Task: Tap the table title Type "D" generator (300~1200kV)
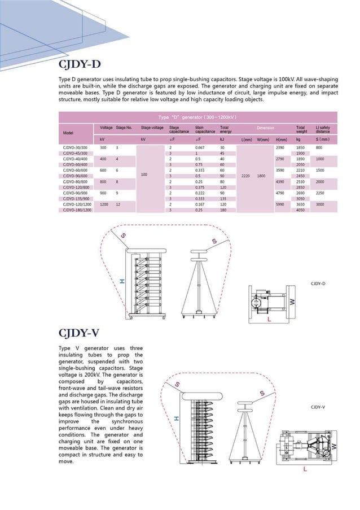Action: (x=197, y=117)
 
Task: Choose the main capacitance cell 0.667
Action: (x=200, y=147)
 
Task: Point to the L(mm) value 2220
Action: (x=245, y=176)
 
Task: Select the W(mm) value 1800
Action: (x=261, y=176)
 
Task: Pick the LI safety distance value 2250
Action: (x=320, y=193)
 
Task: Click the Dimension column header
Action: (x=265, y=128)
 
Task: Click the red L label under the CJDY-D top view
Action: (x=269, y=320)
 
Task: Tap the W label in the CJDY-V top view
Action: (x=334, y=446)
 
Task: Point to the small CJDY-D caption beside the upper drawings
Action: (x=318, y=283)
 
